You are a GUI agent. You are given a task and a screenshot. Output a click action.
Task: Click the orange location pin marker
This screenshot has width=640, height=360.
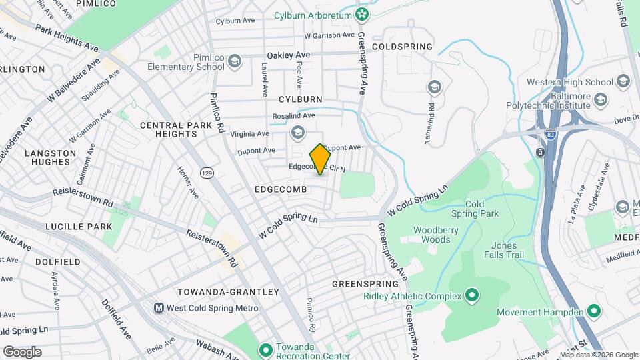coord(320,159)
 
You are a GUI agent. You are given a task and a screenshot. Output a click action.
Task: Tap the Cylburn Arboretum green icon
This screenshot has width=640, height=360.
coord(362,14)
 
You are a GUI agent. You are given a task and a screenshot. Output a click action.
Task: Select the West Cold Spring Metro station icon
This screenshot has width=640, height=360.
coord(159,308)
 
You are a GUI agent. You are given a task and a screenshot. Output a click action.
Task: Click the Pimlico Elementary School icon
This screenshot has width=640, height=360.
coord(234,62)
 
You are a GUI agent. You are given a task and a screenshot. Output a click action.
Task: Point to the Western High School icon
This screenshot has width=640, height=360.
coord(623,82)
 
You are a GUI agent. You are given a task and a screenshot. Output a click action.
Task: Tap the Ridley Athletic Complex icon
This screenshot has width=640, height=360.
coord(471,294)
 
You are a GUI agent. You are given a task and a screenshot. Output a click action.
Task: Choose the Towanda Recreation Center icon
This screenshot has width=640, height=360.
coord(265,349)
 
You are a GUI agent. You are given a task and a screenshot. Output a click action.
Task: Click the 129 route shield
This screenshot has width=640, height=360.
coord(208,173)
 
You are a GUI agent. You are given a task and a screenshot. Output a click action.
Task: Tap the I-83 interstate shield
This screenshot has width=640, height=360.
coord(540,151)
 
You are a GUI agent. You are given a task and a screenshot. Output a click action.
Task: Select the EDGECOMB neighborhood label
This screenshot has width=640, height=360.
coord(280,190)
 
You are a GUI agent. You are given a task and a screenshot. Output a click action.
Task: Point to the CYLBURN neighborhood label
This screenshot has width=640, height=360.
coord(300,99)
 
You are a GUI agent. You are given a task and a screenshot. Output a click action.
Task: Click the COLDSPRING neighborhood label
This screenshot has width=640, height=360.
coord(402,47)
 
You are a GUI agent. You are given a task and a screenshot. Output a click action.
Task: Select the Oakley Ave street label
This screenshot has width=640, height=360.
coord(288,55)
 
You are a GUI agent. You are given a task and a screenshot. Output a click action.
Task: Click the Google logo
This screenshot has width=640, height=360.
coord(22,351)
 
